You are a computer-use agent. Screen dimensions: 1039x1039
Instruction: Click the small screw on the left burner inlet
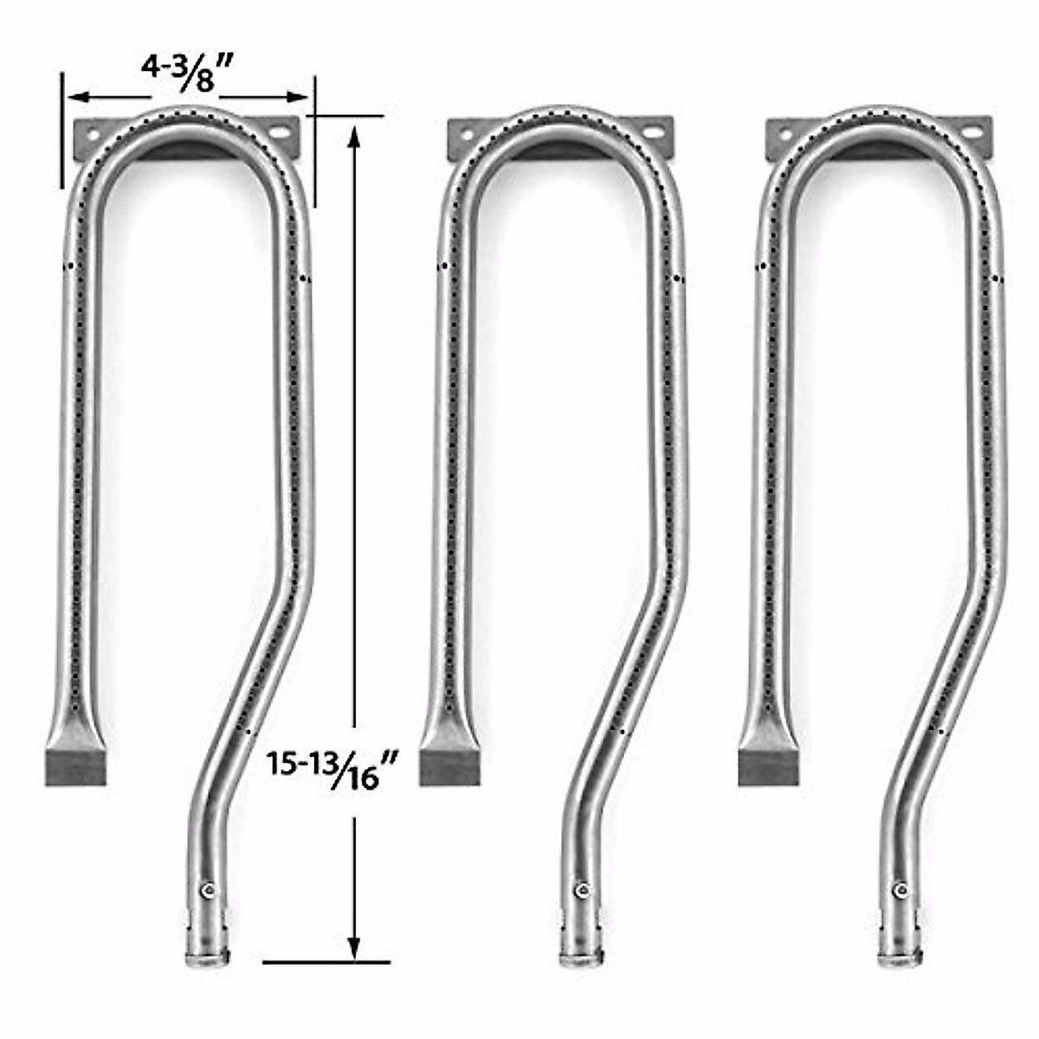(207, 890)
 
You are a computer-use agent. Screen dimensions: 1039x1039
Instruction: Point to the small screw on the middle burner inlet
(582, 890)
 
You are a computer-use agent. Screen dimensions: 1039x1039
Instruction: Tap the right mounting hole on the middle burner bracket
(655, 135)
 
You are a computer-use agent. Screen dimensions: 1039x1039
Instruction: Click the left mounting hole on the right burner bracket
(785, 134)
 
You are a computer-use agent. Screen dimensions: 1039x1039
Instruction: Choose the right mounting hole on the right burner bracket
(973, 134)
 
